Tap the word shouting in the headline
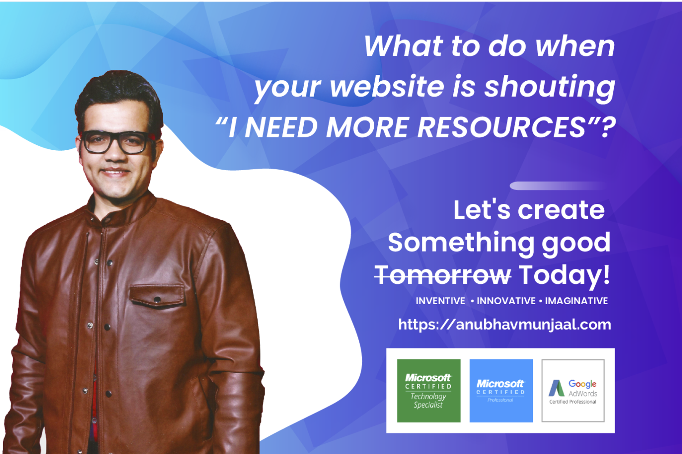550,87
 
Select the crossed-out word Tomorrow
443,275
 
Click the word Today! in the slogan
564,275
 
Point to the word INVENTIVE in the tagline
440,301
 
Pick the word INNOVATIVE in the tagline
506,301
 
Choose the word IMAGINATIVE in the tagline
577,301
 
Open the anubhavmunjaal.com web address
505,325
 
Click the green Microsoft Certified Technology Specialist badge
429,391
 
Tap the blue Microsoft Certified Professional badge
501,391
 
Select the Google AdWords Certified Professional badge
573,391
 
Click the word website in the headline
387,87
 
